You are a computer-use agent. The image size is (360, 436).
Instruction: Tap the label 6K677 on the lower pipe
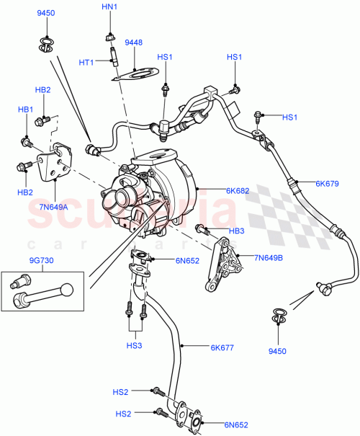(224, 347)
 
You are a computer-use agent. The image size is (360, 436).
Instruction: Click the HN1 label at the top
(108, 6)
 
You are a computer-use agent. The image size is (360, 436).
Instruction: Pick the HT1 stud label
(88, 62)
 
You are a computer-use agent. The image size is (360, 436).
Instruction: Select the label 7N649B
(270, 256)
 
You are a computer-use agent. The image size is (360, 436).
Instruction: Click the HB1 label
(25, 109)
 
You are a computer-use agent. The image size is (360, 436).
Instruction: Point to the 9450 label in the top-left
(45, 13)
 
